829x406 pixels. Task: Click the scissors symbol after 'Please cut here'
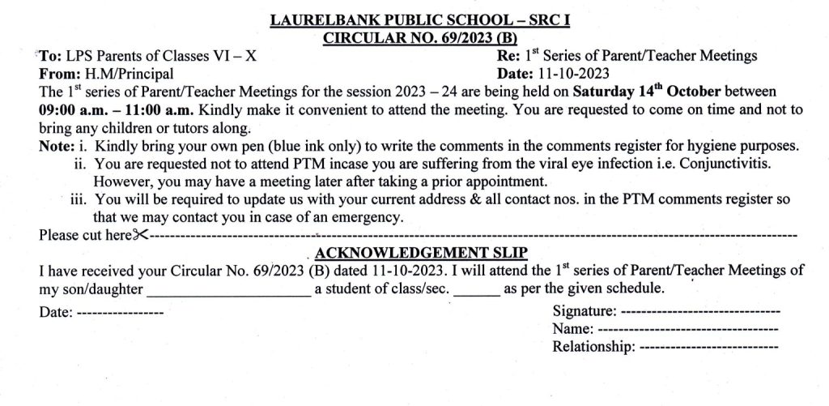(141, 235)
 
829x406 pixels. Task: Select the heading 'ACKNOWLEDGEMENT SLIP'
(420, 252)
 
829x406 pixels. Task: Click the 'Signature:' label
(583, 311)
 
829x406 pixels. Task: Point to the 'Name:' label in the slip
(572, 329)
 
